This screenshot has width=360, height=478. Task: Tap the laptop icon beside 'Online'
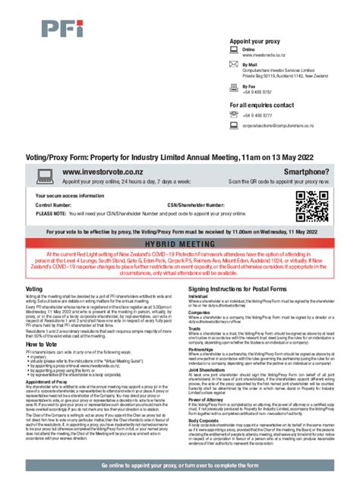(x=234, y=50)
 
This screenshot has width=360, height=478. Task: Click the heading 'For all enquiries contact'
(x=261, y=104)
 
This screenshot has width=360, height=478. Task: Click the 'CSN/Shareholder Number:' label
(x=196, y=205)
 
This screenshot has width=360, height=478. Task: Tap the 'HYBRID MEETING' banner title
(x=180, y=246)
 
